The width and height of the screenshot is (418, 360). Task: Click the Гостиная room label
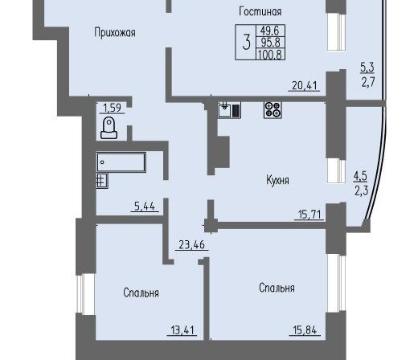coord(260,12)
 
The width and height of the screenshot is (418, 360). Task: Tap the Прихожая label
coord(115,33)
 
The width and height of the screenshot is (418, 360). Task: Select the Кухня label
coord(277,180)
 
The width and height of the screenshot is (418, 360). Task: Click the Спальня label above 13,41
coord(141,292)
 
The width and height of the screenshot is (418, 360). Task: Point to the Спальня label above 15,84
coord(277,288)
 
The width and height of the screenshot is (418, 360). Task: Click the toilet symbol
coord(109,128)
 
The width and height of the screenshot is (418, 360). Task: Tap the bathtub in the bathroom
coord(121,162)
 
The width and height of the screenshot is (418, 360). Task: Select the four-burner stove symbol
coord(273,110)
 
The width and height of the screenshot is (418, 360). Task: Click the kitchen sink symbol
coord(229,110)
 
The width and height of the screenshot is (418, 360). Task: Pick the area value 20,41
coord(304,86)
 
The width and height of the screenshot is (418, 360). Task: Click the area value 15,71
coord(309,215)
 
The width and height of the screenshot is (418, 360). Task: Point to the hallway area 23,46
coord(191,244)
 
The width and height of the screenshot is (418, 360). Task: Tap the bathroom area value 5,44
coord(145,207)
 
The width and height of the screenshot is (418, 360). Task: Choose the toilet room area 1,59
coord(112,108)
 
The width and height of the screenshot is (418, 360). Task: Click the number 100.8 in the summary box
coord(270,55)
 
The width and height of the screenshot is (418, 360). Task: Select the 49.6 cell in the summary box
coord(270,31)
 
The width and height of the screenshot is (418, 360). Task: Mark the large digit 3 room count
coord(246,43)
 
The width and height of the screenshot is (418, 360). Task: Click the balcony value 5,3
coord(367,67)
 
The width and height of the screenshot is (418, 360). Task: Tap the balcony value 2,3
coord(362,191)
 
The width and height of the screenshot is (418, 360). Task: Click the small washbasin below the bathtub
coord(102,181)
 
